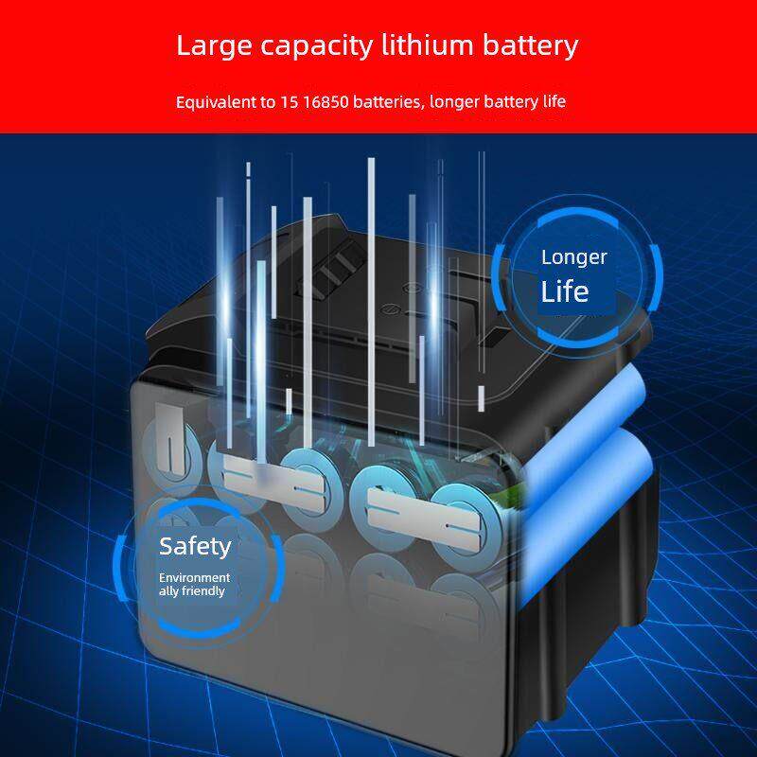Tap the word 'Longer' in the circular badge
[x=574, y=257]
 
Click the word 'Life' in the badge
[x=565, y=290]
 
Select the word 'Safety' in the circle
[x=195, y=546]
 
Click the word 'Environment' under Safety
[x=194, y=577]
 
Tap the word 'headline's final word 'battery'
[x=530, y=45]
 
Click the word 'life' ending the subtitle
[x=553, y=101]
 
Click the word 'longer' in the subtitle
[x=452, y=102]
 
